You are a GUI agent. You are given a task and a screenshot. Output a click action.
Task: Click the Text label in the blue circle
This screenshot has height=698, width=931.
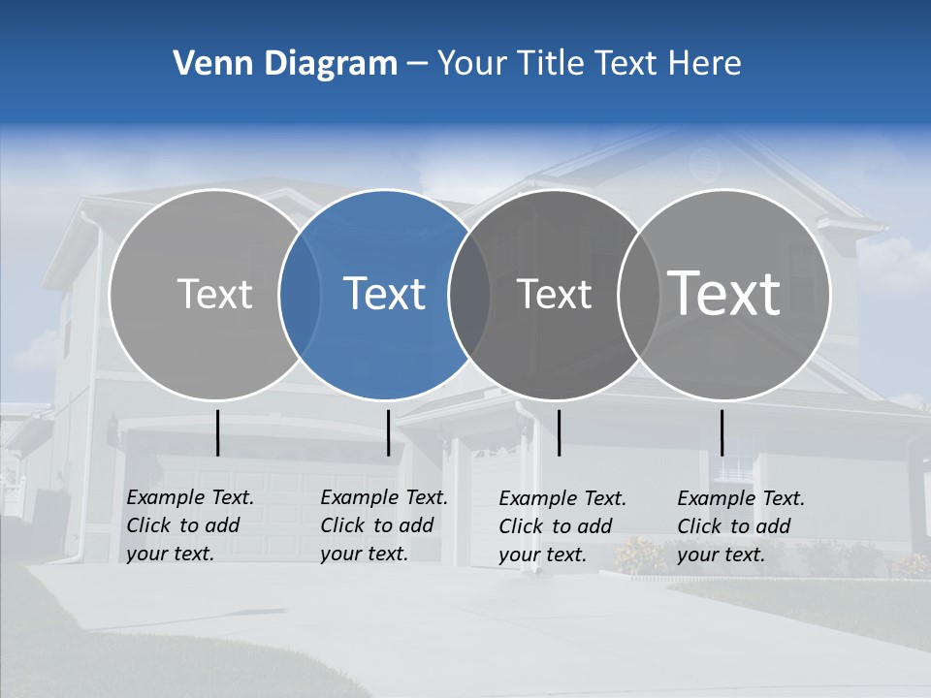(384, 294)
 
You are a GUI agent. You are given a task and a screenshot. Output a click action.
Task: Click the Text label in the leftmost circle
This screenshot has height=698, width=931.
(215, 294)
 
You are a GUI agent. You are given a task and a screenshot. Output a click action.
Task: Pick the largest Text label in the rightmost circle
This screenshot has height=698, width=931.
(724, 293)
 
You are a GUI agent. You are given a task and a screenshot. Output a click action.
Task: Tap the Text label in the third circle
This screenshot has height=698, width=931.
(555, 294)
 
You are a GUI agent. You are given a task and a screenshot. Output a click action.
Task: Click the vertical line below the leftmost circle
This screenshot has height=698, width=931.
(218, 432)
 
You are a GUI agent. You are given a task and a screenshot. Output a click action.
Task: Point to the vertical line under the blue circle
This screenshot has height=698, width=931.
(388, 432)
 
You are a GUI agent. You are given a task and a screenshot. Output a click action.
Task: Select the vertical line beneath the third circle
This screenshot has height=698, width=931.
(560, 432)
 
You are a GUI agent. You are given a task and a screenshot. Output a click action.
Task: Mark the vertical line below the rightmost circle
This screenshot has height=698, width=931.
(722, 432)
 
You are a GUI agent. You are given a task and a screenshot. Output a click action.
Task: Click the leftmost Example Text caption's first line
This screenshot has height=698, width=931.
(190, 497)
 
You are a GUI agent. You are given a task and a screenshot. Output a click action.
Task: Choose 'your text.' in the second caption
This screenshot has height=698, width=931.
(364, 554)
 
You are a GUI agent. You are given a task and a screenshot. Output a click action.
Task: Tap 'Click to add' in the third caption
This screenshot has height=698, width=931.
(556, 526)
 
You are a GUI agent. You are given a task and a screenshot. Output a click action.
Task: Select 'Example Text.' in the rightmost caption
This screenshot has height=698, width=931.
(741, 498)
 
